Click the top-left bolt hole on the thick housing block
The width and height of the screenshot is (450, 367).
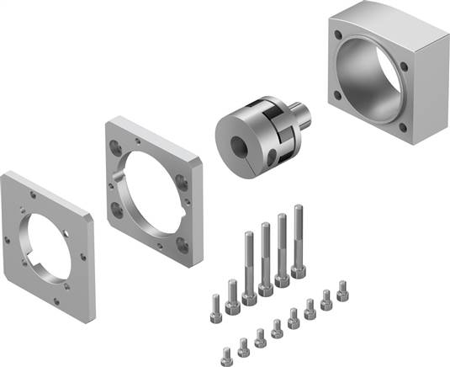coord(336,35)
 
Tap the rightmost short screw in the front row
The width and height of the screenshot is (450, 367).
coord(342,294)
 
